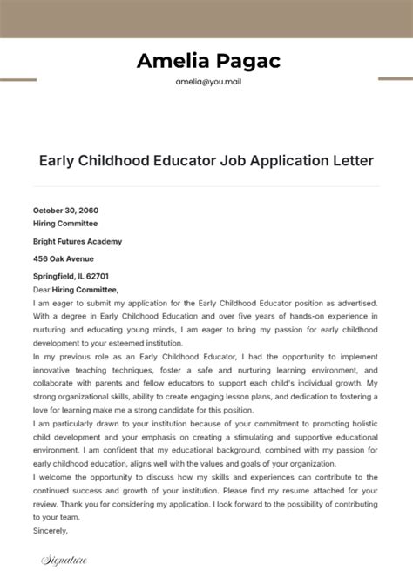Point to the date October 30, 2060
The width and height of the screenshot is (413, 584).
click(66, 211)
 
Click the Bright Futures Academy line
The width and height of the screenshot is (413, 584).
click(78, 241)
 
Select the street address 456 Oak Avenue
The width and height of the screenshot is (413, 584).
click(64, 258)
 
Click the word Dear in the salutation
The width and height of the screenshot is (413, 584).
click(43, 290)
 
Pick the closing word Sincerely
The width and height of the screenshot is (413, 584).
click(51, 530)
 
